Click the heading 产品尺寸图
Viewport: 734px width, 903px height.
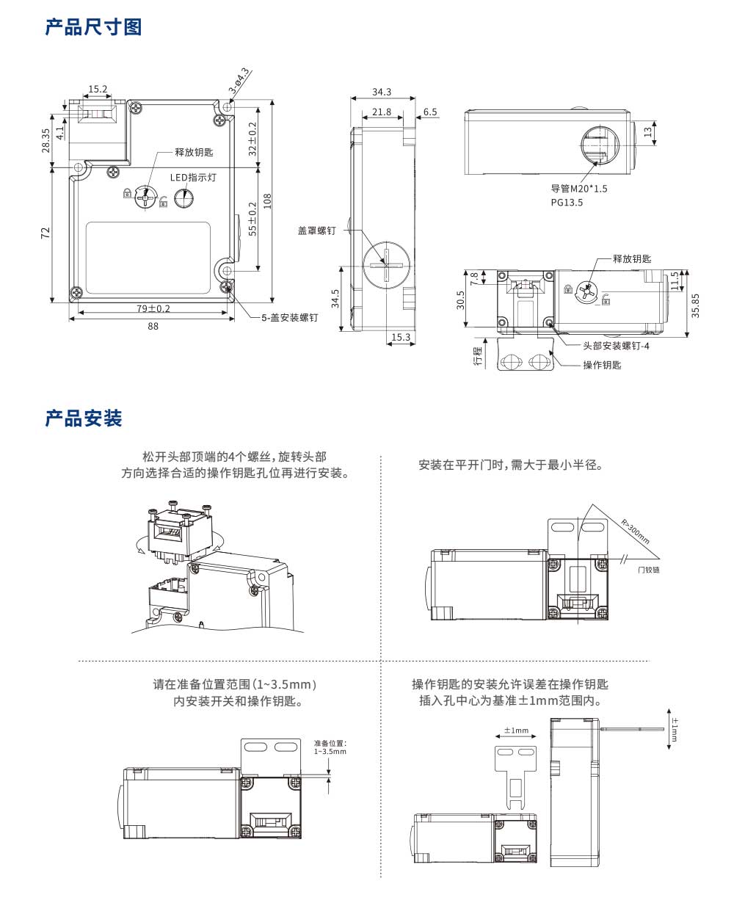[x=93, y=28]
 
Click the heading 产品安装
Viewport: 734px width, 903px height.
[x=84, y=419]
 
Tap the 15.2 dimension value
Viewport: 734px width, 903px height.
[x=98, y=90]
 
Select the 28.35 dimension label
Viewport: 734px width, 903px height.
[x=46, y=140]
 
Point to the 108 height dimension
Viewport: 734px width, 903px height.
[x=268, y=200]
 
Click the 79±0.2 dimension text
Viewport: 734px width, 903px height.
[x=153, y=308]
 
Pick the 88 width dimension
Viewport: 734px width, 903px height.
[x=153, y=327]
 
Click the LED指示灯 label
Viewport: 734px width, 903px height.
[x=193, y=177]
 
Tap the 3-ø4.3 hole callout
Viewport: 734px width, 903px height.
[x=239, y=80]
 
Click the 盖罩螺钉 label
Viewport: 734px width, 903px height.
[x=316, y=230]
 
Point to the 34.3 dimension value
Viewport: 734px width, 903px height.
[x=382, y=93]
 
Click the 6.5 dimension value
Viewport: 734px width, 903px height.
[x=430, y=112]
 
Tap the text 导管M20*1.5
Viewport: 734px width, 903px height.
[x=579, y=189]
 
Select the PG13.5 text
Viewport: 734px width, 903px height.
[x=567, y=203]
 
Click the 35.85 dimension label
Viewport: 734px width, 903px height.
[x=696, y=305]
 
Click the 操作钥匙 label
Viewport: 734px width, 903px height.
[x=602, y=366]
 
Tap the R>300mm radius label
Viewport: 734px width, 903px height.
[x=636, y=532]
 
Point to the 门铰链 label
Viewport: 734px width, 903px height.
[x=648, y=569]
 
